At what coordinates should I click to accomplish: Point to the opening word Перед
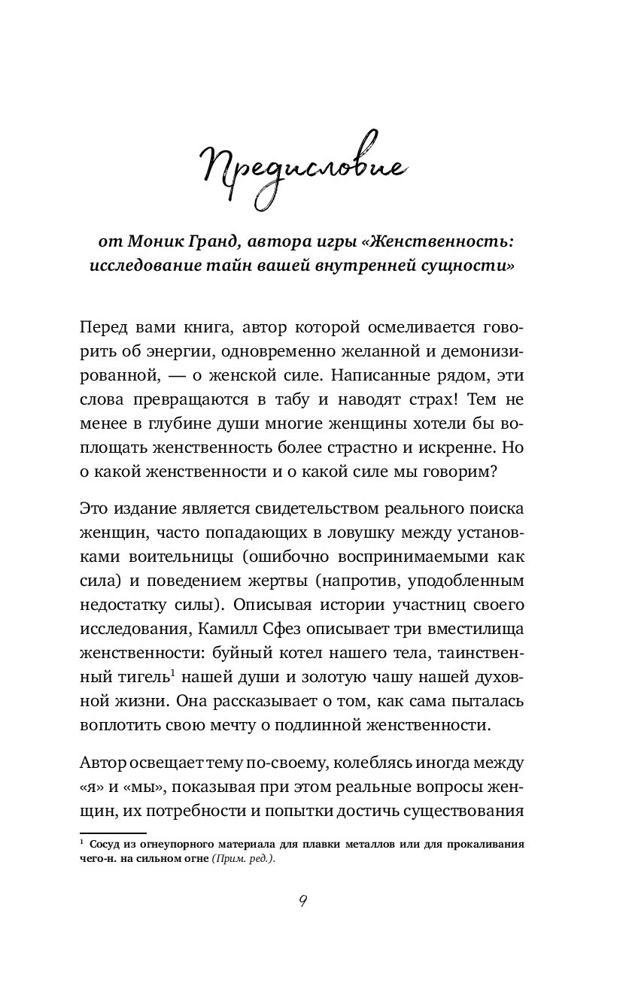click(x=105, y=328)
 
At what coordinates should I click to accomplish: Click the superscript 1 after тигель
click(x=172, y=651)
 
